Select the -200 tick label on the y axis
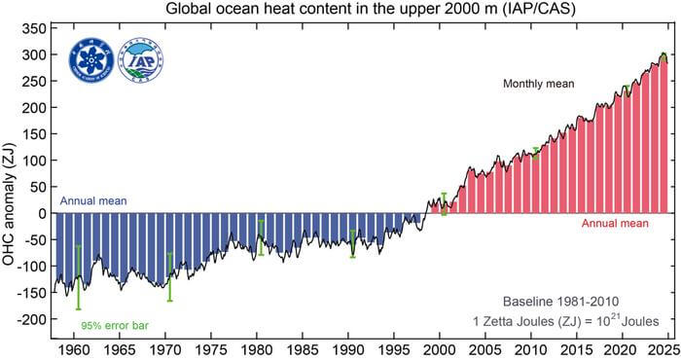pos(32,319)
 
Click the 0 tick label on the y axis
pos(42,213)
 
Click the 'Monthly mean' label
pos(538,84)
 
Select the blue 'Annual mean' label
pos(93,202)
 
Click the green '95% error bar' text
pos(115,326)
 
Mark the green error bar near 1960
pos(78,277)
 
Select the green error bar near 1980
pos(261,238)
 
